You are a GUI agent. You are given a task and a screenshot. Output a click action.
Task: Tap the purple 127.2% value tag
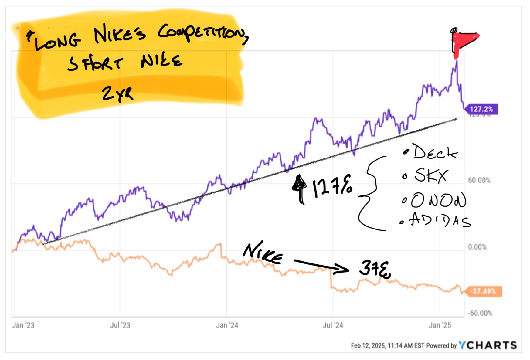[x=481, y=109]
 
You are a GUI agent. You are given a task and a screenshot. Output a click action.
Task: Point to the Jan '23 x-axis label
[x=23, y=325]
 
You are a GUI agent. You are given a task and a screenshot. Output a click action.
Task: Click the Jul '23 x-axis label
[x=120, y=325]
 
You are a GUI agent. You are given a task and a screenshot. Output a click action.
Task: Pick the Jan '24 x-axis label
[x=227, y=325]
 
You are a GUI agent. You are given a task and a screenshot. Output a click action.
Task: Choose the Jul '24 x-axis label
[x=333, y=325]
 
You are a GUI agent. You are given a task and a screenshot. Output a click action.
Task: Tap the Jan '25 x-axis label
[x=440, y=325]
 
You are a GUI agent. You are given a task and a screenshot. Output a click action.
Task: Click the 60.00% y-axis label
[x=479, y=180]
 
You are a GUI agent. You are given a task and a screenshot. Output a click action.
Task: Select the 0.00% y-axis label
[x=477, y=247]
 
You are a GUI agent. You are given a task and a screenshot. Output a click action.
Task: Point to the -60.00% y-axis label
[x=480, y=313]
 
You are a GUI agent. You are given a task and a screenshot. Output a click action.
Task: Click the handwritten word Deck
[x=435, y=152]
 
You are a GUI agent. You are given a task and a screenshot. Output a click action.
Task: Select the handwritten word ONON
[x=438, y=200]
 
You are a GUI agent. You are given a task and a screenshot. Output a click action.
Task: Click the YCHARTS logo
[x=488, y=345]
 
